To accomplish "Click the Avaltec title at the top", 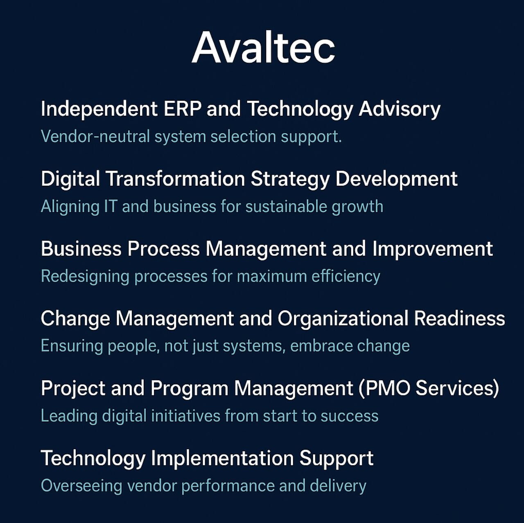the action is (x=263, y=47).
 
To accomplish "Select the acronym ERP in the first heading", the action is (x=183, y=109).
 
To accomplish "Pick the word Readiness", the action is (x=460, y=318).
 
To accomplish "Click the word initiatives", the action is (x=185, y=416).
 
